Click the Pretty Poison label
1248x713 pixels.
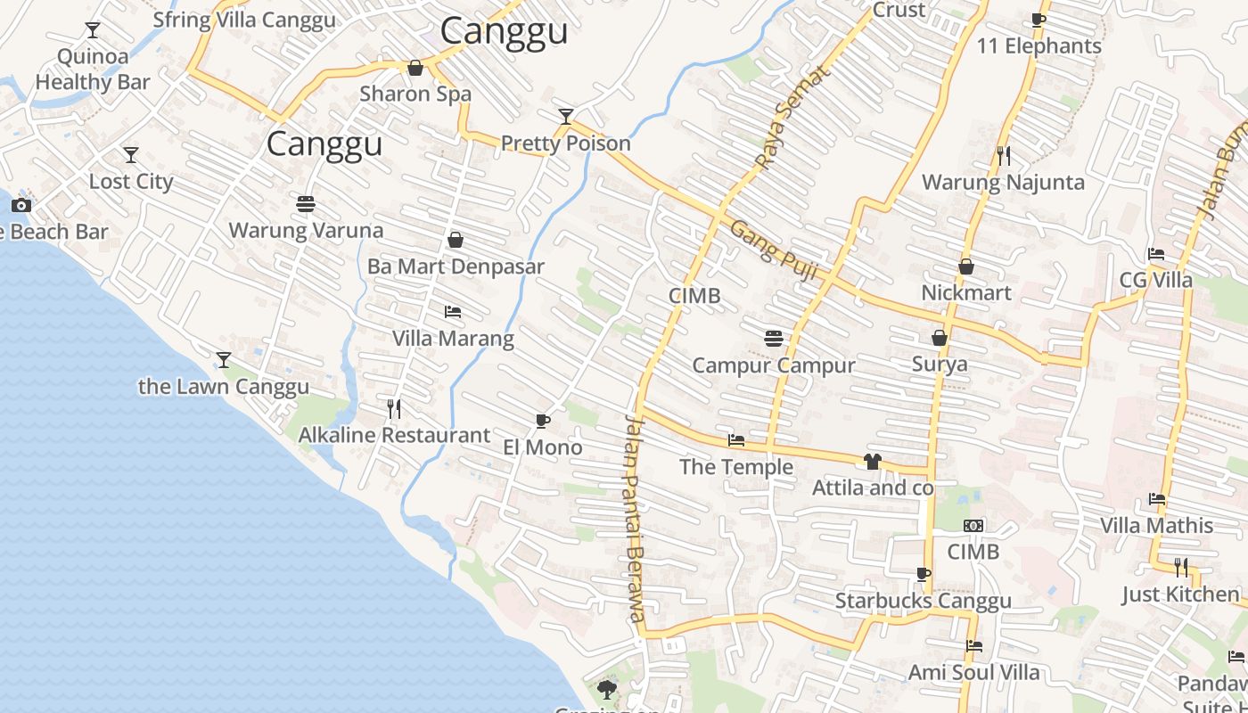(x=565, y=143)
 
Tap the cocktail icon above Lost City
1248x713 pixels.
(x=131, y=155)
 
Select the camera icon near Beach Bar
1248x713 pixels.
(x=21, y=205)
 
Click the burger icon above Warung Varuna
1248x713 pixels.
(x=306, y=204)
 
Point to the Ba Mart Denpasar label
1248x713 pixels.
(x=456, y=266)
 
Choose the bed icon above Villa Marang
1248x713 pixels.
(x=453, y=312)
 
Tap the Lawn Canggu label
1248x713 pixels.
(x=224, y=387)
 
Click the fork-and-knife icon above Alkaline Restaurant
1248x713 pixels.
(x=394, y=409)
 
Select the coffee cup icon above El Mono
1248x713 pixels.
(x=543, y=421)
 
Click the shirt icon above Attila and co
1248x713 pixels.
(x=872, y=462)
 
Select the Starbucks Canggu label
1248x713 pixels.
(x=923, y=601)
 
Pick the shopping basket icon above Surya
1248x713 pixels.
(x=939, y=338)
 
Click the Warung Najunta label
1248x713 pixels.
(x=1003, y=183)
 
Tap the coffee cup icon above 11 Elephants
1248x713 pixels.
(x=1039, y=20)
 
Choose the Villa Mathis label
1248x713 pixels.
(x=1156, y=525)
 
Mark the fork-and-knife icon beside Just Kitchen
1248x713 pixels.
(x=1180, y=567)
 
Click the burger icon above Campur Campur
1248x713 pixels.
(x=773, y=339)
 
